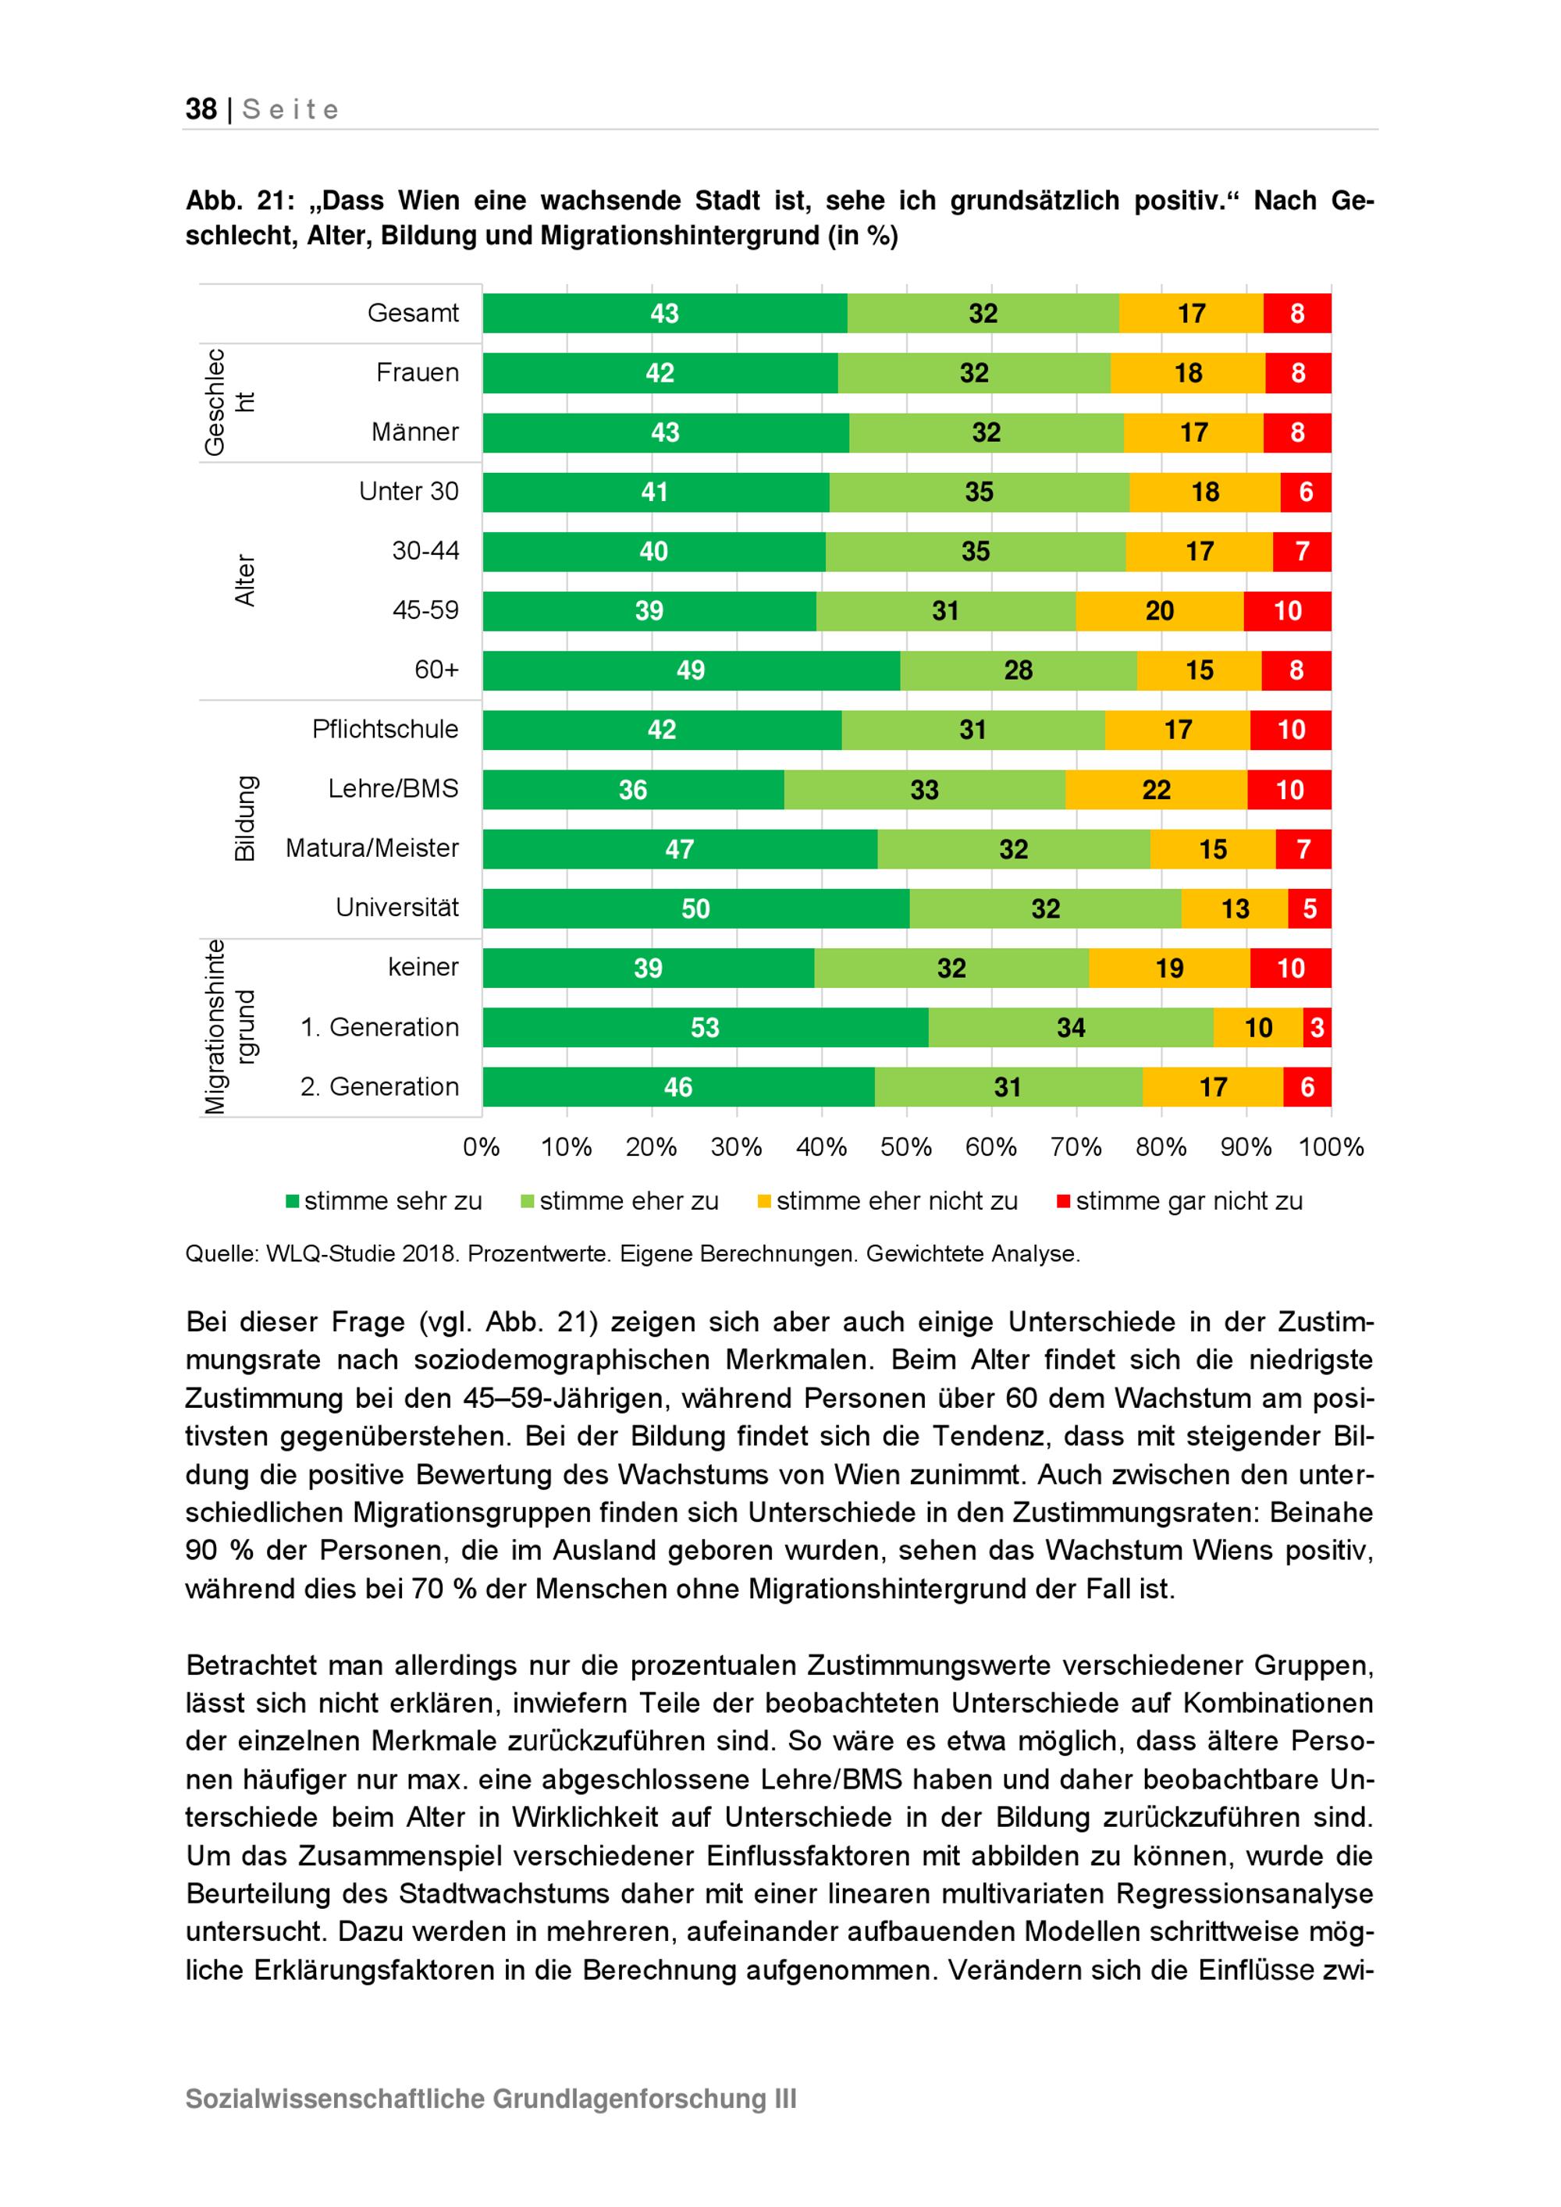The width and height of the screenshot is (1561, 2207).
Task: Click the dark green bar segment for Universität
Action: [696, 908]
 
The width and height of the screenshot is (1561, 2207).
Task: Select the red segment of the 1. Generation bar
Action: [1317, 1028]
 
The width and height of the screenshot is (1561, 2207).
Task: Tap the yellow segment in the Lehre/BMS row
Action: [1157, 789]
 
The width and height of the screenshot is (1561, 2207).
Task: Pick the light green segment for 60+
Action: [1018, 670]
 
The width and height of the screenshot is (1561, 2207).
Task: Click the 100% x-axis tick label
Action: [1332, 1146]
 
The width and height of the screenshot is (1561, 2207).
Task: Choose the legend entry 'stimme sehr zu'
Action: [385, 1202]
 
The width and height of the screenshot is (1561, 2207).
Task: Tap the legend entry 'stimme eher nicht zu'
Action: [887, 1202]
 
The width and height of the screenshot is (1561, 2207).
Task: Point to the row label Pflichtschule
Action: [386, 729]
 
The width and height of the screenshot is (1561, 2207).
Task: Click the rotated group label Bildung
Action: [245, 818]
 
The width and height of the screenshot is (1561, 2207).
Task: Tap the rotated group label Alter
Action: [245, 580]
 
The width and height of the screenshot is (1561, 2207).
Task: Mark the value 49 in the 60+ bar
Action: [690, 670]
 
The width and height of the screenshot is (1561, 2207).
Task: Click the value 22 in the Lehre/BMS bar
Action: [1157, 790]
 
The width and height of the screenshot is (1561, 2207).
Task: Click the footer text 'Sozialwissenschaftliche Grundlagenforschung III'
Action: [491, 2099]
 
